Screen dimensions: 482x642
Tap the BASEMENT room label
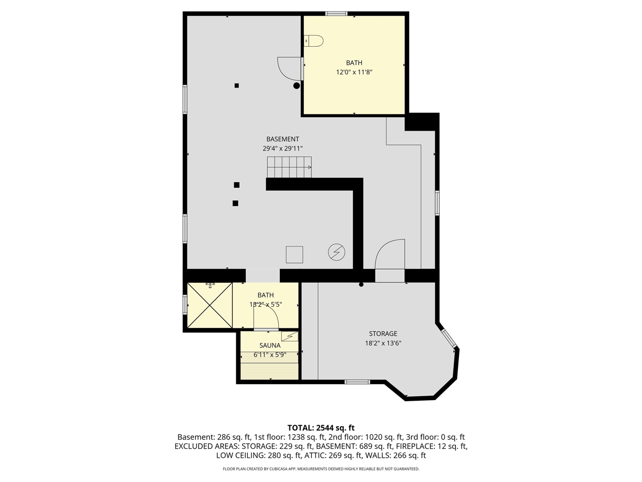click(282, 139)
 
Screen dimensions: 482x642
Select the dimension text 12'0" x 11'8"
click(354, 72)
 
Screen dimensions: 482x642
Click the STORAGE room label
click(383, 333)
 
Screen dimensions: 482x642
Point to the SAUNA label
click(270, 345)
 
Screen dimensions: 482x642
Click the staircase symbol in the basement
click(289, 167)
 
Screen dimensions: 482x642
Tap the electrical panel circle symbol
click(337, 252)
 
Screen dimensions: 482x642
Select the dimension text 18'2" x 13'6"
click(383, 343)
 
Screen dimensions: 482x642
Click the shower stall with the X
click(210, 305)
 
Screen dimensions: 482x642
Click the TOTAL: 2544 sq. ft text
click(321, 428)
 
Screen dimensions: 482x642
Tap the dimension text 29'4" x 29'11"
click(282, 149)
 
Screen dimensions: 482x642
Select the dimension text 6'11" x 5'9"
click(270, 355)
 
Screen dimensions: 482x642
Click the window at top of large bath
click(336, 14)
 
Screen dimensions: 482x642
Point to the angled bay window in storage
click(449, 337)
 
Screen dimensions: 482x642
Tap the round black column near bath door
click(297, 86)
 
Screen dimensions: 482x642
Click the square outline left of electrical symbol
click(294, 255)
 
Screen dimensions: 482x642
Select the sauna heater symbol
click(289, 336)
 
